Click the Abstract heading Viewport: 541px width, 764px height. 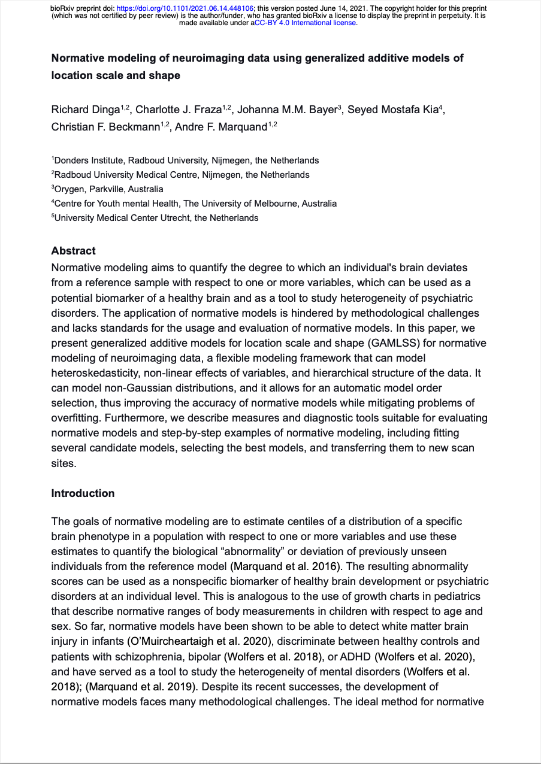tap(73, 251)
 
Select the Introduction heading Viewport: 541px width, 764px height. tap(83, 493)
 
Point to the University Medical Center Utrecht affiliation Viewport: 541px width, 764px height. tap(156, 218)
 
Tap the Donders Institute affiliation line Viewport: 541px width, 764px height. tap(186, 160)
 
